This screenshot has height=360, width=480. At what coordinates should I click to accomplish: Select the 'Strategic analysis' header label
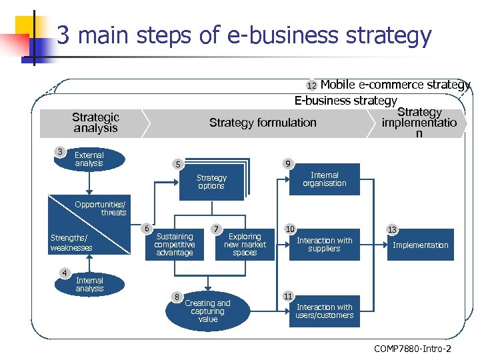click(95, 123)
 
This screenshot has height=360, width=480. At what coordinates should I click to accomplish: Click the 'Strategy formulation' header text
click(263, 123)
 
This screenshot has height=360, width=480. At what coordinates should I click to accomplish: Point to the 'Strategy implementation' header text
click(419, 123)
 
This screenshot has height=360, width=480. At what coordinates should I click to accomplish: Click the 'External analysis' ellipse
click(89, 159)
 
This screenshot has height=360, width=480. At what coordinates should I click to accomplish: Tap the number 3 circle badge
click(60, 152)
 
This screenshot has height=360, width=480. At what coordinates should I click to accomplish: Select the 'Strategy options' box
click(211, 182)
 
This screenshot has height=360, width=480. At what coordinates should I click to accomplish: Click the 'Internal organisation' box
click(324, 179)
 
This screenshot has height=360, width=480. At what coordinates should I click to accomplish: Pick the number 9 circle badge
click(286, 164)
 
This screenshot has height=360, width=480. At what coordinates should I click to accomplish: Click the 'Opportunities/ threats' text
click(101, 208)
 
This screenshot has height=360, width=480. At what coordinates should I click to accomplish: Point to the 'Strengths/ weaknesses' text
click(71, 243)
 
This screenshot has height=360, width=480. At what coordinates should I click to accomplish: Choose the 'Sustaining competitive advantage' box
click(174, 245)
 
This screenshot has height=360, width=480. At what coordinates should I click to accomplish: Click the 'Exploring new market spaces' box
click(245, 245)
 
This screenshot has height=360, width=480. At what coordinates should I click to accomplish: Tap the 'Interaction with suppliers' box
click(324, 245)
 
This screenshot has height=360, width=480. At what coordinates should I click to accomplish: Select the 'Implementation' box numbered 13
click(420, 245)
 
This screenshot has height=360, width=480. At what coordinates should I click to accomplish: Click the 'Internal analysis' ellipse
click(89, 285)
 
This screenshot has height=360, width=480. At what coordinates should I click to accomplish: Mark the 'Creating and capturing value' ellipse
click(207, 311)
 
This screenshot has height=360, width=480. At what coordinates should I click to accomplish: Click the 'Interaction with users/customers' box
click(324, 311)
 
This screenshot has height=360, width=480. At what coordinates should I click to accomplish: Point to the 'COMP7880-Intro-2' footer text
click(412, 349)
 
